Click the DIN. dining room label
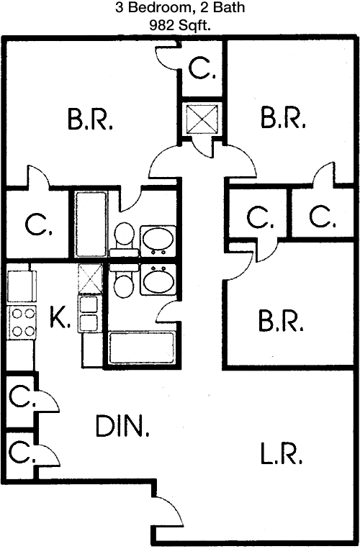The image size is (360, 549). pos(122,426)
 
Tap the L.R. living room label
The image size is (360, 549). pos(281,453)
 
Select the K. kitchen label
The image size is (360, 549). pos(60,317)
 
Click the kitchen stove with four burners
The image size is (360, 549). pos(22,322)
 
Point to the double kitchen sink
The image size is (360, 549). pos(88,314)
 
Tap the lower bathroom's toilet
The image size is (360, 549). pos(124,281)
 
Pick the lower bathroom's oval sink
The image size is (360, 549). pos(158,279)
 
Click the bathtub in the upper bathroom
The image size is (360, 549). pos(91,224)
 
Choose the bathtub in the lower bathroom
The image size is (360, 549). pos(142,348)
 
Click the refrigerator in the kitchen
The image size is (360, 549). pos(22,286)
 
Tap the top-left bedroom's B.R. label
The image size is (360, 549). pos(90,119)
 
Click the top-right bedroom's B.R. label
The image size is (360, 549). pos(283,117)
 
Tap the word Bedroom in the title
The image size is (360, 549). pos(159,8)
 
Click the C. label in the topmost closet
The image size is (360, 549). pos(202,68)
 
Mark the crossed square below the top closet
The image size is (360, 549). pos(202,119)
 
